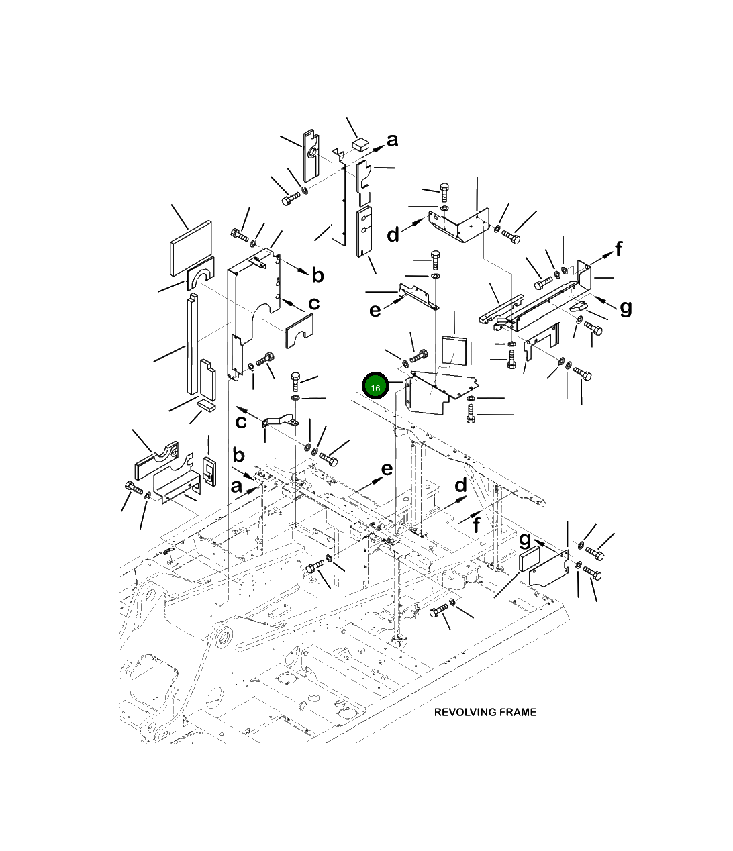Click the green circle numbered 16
[375, 386]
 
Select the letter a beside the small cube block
[392, 140]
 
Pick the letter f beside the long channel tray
[618, 249]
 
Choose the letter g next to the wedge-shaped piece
[626, 308]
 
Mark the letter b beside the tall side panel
[317, 274]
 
